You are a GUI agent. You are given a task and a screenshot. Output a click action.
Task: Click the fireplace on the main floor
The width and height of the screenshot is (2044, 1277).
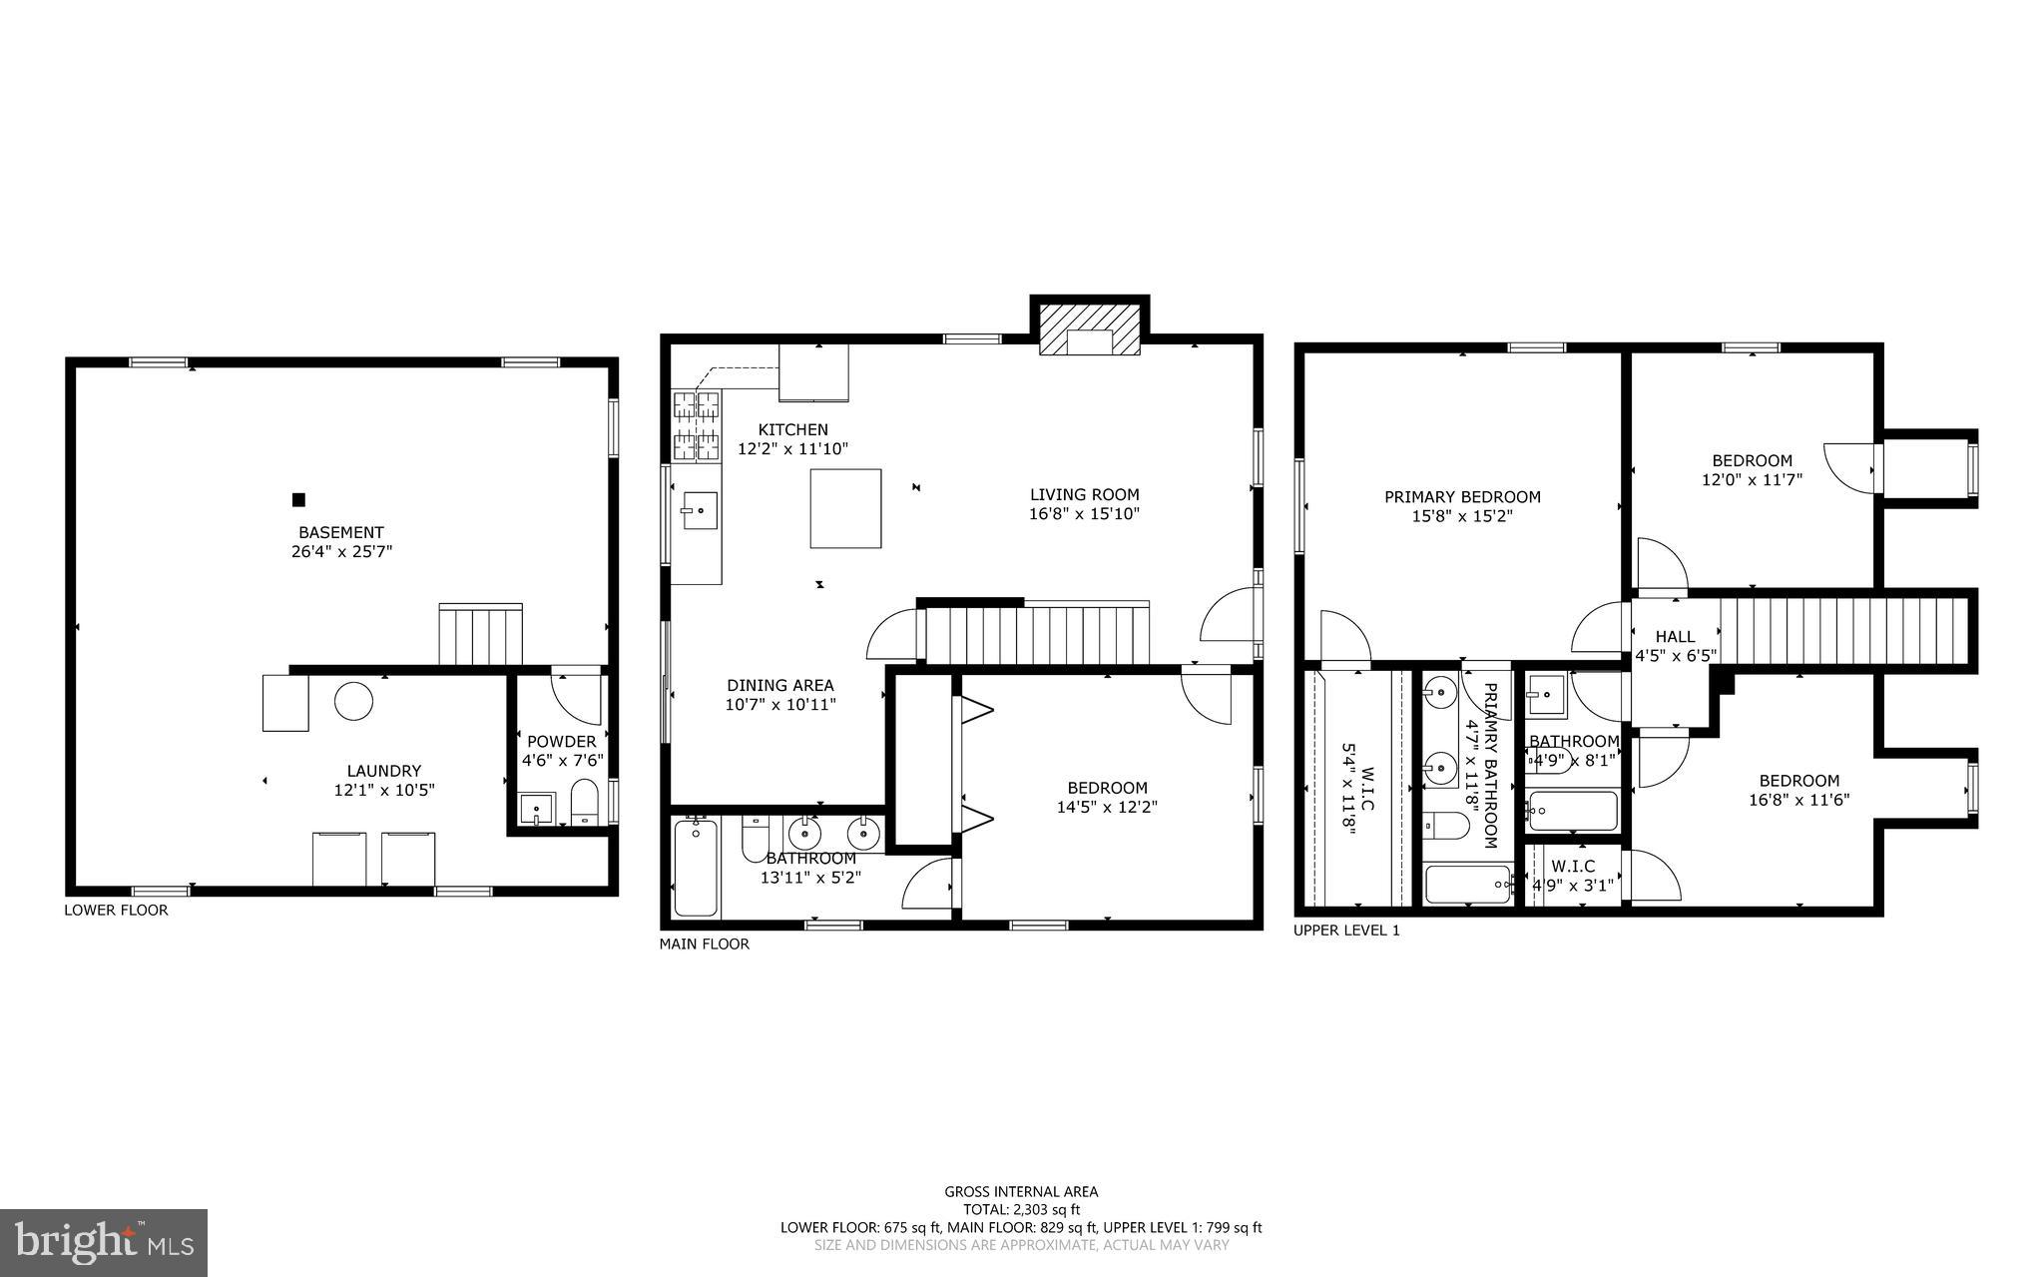coord(1089,329)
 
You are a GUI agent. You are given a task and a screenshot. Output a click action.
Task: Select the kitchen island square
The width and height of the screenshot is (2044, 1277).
coord(845,508)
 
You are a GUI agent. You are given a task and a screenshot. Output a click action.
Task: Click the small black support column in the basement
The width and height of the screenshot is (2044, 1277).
coord(297,499)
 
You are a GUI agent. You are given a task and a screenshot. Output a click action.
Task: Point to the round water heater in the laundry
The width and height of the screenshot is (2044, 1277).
coord(353,701)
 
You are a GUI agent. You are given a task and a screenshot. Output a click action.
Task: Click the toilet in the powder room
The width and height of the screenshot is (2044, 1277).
coord(584,802)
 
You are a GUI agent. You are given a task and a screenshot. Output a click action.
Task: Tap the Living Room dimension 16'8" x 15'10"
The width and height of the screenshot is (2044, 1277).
coord(1084,514)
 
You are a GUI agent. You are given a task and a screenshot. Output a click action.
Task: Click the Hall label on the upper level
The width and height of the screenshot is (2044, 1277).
coord(1675,636)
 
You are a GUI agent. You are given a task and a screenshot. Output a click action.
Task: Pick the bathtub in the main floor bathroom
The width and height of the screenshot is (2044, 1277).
coord(696,867)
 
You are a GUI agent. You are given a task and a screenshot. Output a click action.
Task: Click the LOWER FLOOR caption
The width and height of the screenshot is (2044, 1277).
coord(116,910)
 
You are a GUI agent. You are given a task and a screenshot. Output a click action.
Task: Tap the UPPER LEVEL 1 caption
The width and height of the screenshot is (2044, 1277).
coord(1346,930)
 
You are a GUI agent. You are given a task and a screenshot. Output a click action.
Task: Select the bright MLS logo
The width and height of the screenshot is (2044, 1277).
coord(104,1242)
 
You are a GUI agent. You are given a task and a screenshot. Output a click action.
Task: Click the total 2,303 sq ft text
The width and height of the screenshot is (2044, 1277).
coord(1021,1209)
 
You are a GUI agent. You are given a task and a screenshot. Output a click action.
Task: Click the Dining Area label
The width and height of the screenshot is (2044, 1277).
coord(779,685)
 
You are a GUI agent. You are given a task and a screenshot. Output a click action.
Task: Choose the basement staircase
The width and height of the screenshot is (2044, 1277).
coord(480,635)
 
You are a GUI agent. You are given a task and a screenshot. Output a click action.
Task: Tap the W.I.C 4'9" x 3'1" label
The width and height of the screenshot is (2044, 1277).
coord(1572,875)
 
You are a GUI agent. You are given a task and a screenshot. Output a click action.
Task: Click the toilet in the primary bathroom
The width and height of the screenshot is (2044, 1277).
coord(1445,826)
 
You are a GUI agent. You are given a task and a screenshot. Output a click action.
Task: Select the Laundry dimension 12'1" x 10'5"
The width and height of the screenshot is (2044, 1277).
coord(384,790)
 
